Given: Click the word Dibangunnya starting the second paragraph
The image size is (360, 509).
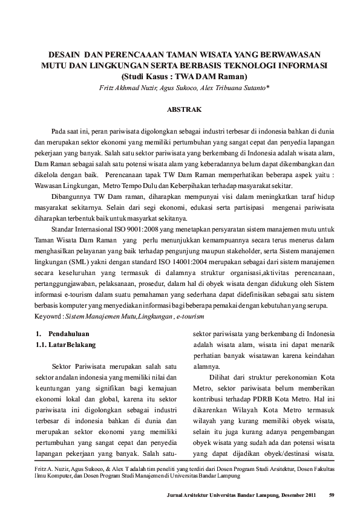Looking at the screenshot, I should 71,196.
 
